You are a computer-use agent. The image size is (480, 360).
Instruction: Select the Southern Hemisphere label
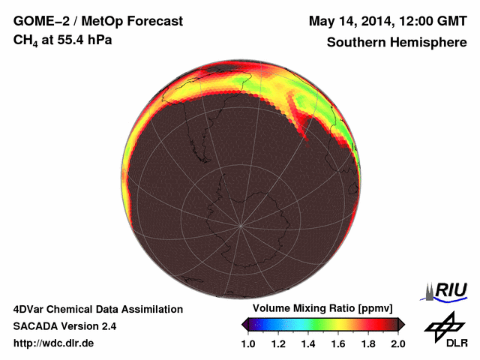pos(397,42)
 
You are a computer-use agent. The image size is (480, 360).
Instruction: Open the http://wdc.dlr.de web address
pos(54,343)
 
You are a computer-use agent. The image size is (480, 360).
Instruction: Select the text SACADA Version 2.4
pos(64,326)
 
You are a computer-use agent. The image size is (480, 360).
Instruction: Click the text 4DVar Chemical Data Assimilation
pos(97,309)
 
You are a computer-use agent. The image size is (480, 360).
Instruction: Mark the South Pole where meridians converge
pos(241,224)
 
